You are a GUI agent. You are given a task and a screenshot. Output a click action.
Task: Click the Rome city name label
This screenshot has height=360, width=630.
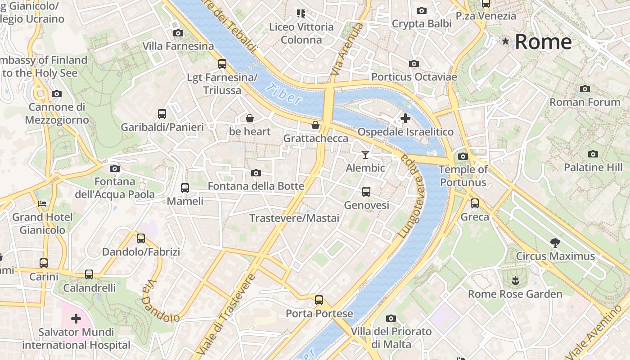point(543,42)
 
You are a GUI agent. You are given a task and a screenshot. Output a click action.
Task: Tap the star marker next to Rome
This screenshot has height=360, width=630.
point(506,41)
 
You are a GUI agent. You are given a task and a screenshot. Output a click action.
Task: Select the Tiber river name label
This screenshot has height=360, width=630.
point(283,94)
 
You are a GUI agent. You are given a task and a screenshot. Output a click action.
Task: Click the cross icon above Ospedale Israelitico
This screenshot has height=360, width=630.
point(405,118)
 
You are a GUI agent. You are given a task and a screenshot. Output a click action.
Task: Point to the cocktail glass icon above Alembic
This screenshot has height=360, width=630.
point(365,155)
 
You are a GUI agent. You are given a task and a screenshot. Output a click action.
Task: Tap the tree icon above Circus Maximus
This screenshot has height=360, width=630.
point(555,243)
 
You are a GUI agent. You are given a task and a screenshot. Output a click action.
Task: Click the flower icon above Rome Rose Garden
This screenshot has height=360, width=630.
point(515,281)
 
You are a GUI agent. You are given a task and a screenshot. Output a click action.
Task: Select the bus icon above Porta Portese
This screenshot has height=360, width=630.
point(319,300)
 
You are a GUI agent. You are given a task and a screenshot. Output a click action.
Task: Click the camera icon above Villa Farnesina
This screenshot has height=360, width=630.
point(178,33)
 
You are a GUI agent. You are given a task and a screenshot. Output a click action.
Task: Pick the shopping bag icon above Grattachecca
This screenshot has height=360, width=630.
point(315,125)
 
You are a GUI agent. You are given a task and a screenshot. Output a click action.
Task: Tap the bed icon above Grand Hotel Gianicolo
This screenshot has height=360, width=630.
point(42,204)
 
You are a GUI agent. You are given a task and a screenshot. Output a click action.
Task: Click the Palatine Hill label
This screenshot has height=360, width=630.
point(593,167)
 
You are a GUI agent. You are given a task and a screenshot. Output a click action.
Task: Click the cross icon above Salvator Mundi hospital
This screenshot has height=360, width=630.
point(76,319)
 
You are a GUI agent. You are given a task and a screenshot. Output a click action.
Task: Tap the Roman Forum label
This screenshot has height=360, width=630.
point(585,102)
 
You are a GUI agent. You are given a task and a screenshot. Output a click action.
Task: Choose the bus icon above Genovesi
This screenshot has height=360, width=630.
point(366,192)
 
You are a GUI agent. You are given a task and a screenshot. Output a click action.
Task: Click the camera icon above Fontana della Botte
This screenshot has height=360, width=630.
point(256,173)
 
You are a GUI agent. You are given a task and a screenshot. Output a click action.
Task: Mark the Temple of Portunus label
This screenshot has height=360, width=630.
point(463,176)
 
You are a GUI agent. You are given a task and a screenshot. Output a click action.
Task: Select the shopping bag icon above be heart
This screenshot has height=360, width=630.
point(250,118)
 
